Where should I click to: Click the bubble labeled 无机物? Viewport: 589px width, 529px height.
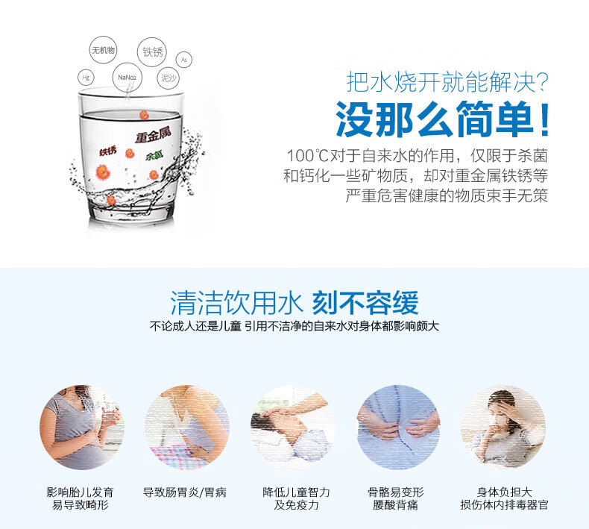click(103, 50)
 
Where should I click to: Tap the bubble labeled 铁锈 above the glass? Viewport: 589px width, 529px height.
click(152, 52)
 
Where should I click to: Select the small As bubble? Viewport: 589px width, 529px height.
click(183, 60)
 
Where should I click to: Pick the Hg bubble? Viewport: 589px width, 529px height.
click(86, 78)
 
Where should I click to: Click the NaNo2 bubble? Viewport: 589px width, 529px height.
click(127, 78)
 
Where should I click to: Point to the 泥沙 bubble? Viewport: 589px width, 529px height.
click(168, 78)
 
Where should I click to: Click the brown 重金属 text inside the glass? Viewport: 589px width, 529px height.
click(153, 134)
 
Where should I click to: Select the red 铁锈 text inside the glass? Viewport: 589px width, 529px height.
click(108, 151)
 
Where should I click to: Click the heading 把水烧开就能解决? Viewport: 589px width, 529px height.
click(447, 82)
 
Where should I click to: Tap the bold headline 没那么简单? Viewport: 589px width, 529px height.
click(443, 119)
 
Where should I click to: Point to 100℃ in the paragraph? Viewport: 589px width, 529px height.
click(308, 155)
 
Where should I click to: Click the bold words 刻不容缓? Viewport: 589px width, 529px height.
click(365, 303)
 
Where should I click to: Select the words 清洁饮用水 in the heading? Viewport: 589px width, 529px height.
click(236, 303)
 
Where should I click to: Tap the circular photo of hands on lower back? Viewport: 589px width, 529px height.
click(397, 427)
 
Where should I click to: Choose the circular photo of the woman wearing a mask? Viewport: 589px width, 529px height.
click(503, 427)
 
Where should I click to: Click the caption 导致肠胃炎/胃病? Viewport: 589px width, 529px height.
click(184, 492)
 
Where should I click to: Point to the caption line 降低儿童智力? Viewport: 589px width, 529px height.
click(296, 492)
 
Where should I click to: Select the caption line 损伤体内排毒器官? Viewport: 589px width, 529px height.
click(504, 504)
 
